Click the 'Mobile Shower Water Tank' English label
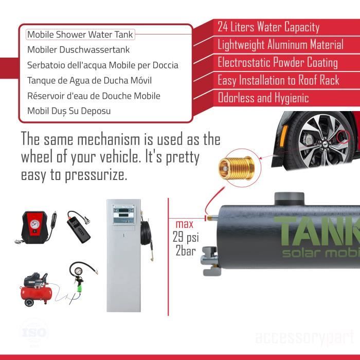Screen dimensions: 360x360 80,35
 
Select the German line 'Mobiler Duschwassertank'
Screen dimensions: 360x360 78,50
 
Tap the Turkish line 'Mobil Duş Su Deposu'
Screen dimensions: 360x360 68,111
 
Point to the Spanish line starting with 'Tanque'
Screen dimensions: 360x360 89,80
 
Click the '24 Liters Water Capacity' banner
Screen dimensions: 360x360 268,27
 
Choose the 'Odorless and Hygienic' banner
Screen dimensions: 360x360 263,98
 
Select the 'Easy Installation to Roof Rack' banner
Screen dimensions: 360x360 278,80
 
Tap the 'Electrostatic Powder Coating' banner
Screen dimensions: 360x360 277,63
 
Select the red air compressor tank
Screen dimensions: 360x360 35,289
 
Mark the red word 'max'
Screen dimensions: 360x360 184,224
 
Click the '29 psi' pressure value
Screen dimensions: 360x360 185,238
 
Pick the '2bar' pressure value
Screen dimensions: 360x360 185,251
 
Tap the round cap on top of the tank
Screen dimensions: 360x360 291,199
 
